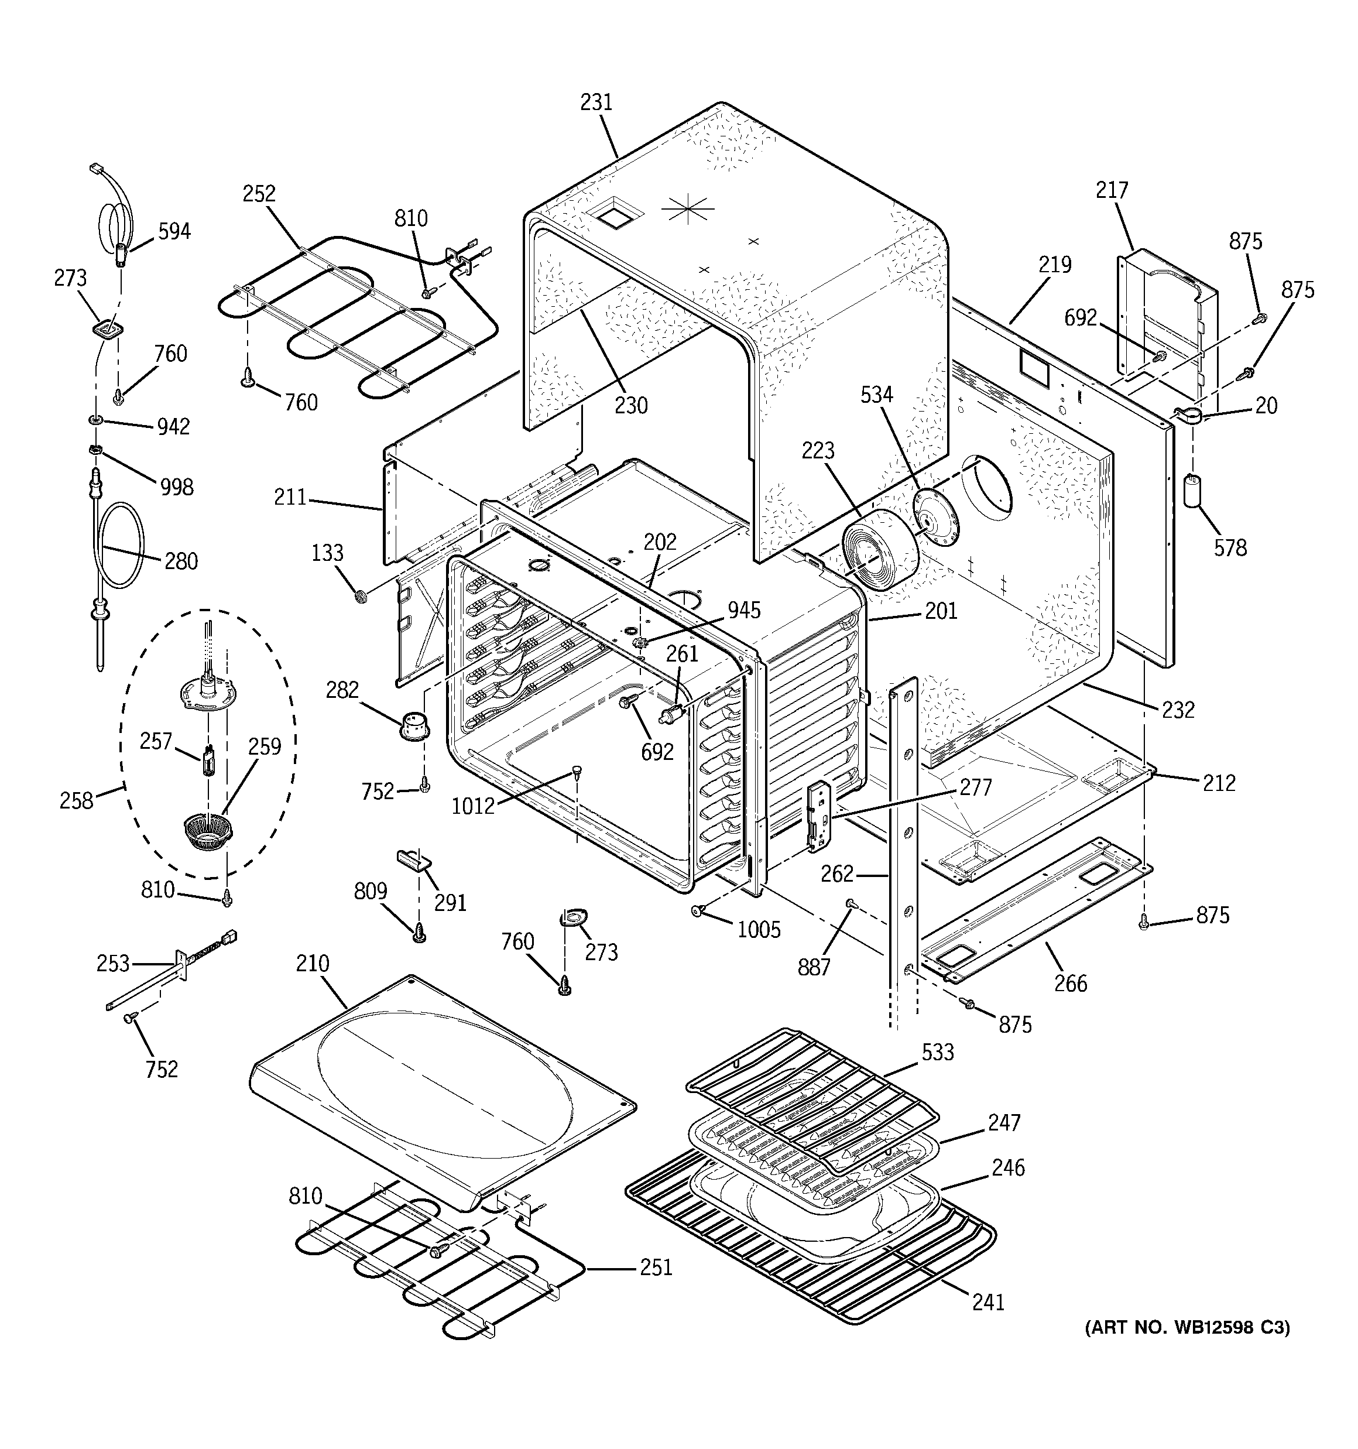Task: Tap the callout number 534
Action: tap(876, 395)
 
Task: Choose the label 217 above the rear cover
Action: tap(1112, 190)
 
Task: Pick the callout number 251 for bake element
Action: tap(656, 1268)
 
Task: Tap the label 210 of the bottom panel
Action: tap(313, 964)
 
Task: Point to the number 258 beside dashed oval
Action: tap(77, 801)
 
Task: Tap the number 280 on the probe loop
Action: tap(181, 561)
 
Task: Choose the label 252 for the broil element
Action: tap(259, 194)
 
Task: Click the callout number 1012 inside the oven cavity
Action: tap(473, 806)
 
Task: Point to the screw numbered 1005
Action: tap(698, 910)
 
